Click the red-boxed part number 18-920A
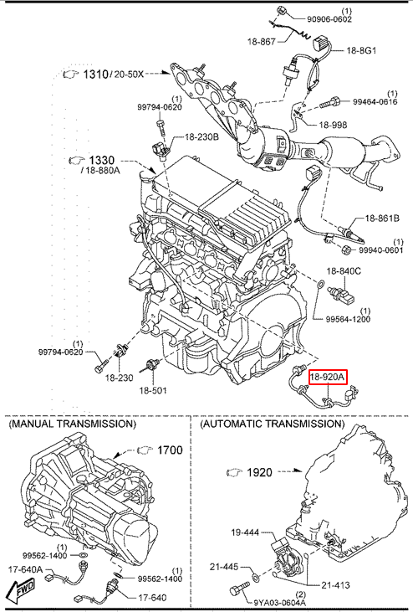[328, 377]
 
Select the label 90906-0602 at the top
[329, 19]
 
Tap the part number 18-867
[261, 41]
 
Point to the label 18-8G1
[361, 50]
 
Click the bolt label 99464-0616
[375, 101]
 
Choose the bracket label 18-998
[333, 125]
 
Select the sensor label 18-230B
[201, 137]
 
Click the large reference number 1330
[102, 160]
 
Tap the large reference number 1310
[95, 74]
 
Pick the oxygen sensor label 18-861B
[382, 219]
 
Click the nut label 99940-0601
[380, 249]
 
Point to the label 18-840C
[344, 271]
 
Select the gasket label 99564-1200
[348, 319]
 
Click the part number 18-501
[153, 390]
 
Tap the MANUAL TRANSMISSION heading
[73, 424]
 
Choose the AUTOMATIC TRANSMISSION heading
[273, 424]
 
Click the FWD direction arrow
[22, 589]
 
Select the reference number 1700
[170, 450]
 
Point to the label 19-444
[245, 532]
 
